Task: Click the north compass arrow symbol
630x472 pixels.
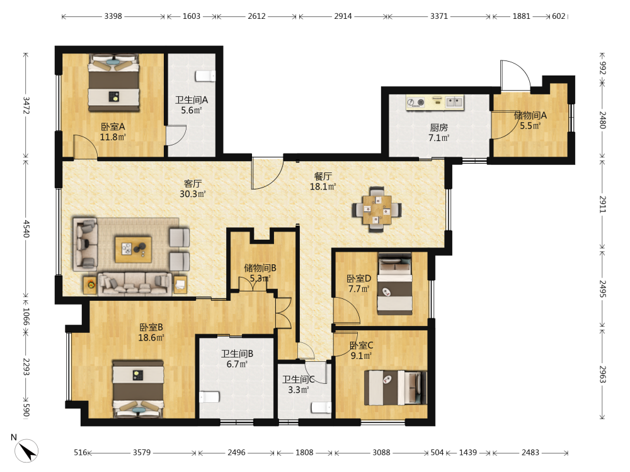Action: [x=26, y=451]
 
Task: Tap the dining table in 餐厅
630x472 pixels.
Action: [x=377, y=210]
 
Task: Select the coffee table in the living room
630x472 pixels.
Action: [x=134, y=249]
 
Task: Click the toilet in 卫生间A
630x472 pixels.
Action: [x=205, y=76]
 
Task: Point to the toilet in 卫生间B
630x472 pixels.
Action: [x=209, y=397]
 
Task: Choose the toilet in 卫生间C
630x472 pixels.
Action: [x=321, y=407]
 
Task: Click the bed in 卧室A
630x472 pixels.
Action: [x=114, y=82]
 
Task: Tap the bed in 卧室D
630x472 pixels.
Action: [x=394, y=284]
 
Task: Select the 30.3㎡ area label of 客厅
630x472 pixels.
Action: [x=193, y=194]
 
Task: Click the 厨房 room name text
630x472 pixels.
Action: [x=438, y=128]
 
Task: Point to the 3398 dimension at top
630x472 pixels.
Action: [x=113, y=16]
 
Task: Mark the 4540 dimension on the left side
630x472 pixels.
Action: [x=26, y=228]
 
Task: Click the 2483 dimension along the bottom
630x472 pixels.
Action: [x=530, y=452]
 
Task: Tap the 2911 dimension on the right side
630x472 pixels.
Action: [x=603, y=205]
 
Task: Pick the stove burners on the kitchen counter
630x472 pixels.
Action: [x=416, y=103]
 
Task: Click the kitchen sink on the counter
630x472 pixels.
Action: [x=455, y=101]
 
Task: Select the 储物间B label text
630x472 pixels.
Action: [x=260, y=267]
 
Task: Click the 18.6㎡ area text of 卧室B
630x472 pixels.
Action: [x=151, y=337]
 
